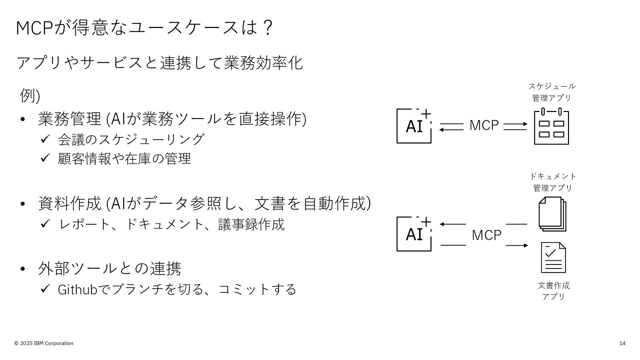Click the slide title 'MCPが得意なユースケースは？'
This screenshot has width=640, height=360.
pyautogui.click(x=145, y=27)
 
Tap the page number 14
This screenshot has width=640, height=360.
pyautogui.click(x=622, y=343)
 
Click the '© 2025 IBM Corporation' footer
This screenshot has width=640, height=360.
pyautogui.click(x=44, y=343)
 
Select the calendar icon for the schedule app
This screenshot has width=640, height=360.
pyautogui.click(x=551, y=126)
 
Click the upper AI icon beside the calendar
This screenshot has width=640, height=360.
pyautogui.click(x=414, y=126)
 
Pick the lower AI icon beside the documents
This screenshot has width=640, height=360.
pyautogui.click(x=414, y=234)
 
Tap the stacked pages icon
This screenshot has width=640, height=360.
pyautogui.click(x=552, y=214)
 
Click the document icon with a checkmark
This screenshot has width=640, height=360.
pyautogui.click(x=553, y=257)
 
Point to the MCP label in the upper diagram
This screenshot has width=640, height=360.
pyautogui.click(x=484, y=126)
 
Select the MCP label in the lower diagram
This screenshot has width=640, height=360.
pyautogui.click(x=486, y=235)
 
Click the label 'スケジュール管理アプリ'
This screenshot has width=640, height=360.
pyautogui.click(x=552, y=92)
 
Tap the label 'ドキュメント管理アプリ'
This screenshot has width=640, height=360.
pyautogui.click(x=553, y=182)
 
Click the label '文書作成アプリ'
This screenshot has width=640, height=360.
pyautogui.click(x=554, y=291)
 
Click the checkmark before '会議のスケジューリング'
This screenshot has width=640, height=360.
pyautogui.click(x=45, y=139)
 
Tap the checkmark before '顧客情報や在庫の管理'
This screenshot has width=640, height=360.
pyautogui.click(x=45, y=158)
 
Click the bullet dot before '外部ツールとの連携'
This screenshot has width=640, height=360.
pyautogui.click(x=23, y=269)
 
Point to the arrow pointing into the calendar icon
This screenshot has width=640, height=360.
pyautogui.click(x=515, y=124)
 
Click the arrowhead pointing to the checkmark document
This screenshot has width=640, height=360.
pyautogui.click(x=526, y=245)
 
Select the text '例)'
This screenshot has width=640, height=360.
pyautogui.click(x=30, y=96)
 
